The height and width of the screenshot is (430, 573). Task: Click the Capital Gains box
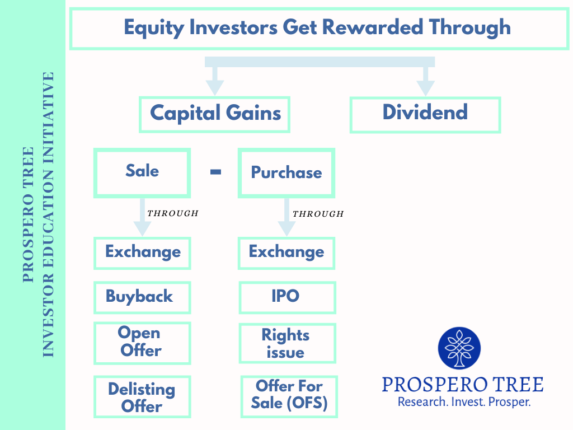(214, 114)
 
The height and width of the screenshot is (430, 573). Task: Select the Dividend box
(425, 114)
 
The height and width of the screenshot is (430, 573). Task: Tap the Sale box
(142, 173)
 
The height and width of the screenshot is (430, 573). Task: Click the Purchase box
(286, 173)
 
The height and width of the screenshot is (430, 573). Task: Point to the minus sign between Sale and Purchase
(215, 171)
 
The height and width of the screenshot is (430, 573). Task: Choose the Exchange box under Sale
(142, 254)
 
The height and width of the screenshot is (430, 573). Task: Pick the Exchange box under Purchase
(286, 254)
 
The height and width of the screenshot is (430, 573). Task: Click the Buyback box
(142, 298)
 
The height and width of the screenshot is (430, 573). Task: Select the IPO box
(287, 298)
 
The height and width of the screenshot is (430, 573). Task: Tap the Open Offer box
(142, 343)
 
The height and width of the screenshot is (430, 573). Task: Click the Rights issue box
(287, 343)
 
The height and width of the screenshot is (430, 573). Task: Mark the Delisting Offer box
(142, 397)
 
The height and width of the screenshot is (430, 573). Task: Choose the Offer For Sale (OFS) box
(289, 397)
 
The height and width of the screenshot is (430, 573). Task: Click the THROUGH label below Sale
(173, 213)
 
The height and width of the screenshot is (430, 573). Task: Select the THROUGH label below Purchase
(318, 213)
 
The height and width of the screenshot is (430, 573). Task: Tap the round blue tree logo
(459, 348)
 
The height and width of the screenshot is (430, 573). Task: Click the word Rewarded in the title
(372, 27)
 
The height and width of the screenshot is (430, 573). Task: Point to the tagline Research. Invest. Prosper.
(464, 402)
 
